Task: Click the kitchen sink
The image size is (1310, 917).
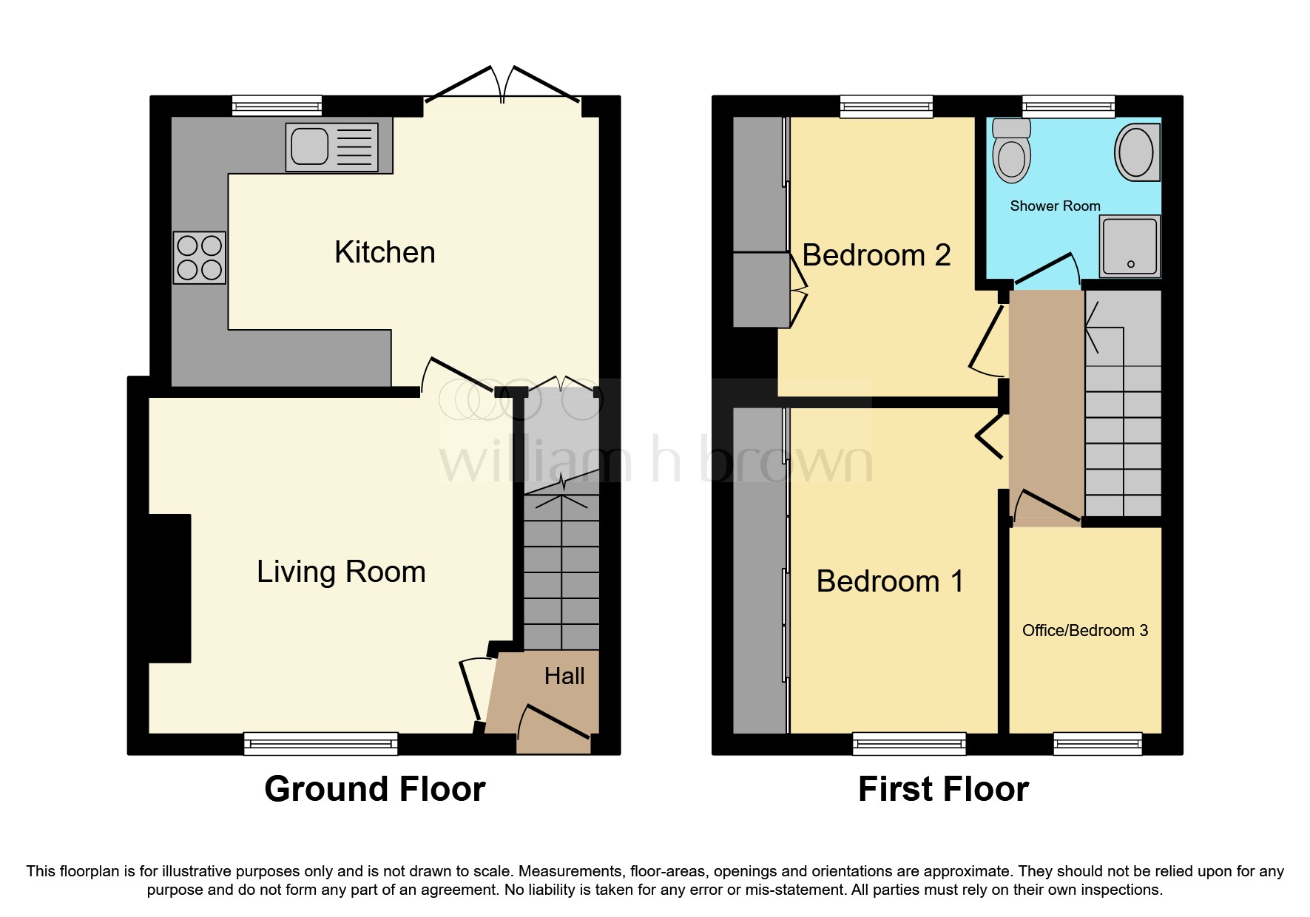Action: coord(332,147)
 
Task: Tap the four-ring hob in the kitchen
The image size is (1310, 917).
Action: coord(200,257)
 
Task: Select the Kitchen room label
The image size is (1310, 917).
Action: coord(385,252)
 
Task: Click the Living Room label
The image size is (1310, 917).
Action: coord(341,572)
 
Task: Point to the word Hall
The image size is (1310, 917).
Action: coord(564,676)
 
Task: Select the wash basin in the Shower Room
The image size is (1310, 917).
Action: coord(1137,152)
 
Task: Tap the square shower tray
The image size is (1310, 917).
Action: coord(1129,246)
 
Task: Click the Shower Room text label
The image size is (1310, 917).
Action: coord(1055,206)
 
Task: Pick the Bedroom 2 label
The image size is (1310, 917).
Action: coord(876,255)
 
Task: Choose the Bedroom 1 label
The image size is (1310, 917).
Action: coord(890,581)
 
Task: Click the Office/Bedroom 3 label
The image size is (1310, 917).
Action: coord(1084,630)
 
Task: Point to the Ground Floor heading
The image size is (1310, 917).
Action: coord(374,789)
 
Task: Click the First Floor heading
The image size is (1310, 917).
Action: coord(943,789)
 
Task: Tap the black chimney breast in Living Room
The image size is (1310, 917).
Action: coord(169,588)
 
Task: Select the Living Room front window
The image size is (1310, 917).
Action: coord(321,743)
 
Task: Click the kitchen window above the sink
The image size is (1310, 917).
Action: coord(277,106)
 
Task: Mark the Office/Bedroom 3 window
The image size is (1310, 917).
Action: coord(1097,743)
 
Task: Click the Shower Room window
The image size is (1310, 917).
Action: coord(1068,106)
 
